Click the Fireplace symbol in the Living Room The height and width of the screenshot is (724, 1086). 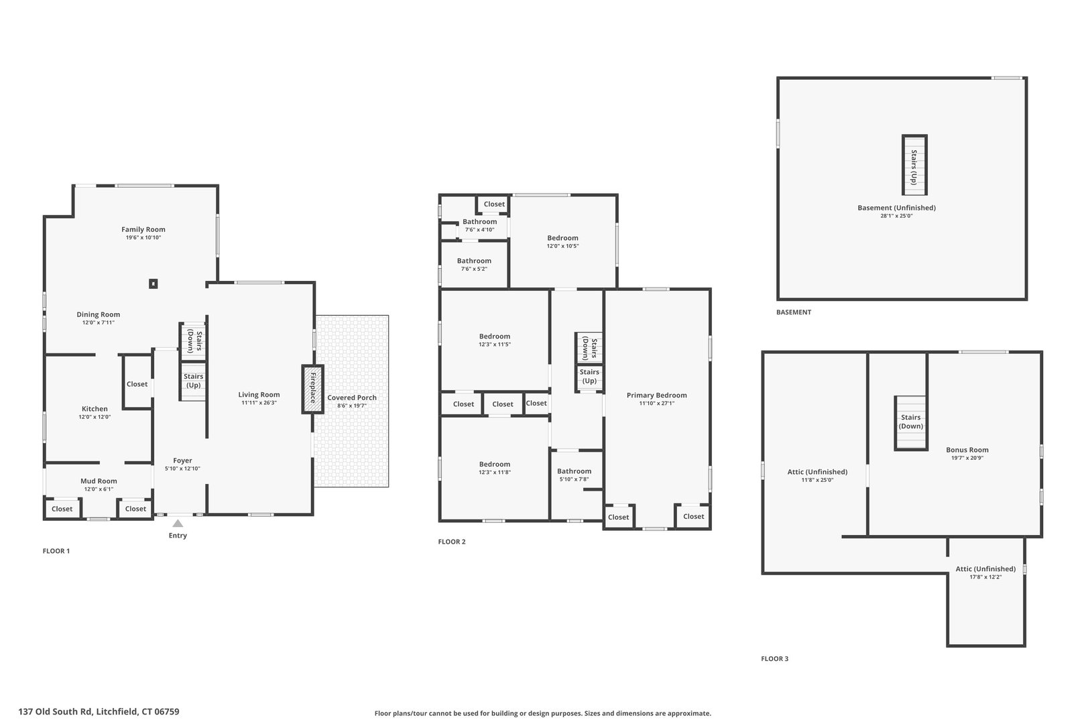[312, 389]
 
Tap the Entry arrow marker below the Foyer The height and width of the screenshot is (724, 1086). [178, 524]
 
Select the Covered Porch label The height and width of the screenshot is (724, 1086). [352, 398]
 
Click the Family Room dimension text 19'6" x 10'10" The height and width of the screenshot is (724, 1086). [143, 238]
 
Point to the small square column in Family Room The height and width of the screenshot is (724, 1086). [154, 284]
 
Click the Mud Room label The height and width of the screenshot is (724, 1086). [99, 481]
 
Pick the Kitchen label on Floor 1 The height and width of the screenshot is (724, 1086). [95, 409]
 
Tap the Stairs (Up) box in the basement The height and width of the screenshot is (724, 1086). [914, 165]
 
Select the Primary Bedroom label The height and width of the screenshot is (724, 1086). [657, 396]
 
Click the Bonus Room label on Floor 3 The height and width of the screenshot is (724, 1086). [967, 450]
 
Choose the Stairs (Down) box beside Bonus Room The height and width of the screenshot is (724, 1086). [911, 422]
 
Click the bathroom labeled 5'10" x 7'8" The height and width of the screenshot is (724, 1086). [574, 471]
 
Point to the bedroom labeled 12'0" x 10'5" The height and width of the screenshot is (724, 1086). [562, 238]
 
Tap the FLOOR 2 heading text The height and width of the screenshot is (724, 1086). [452, 542]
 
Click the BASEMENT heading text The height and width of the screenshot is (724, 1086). [794, 312]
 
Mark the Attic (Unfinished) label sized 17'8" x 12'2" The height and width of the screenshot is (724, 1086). [985, 569]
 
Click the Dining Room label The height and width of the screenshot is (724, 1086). [98, 314]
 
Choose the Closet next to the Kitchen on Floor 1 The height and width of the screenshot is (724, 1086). [137, 384]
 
